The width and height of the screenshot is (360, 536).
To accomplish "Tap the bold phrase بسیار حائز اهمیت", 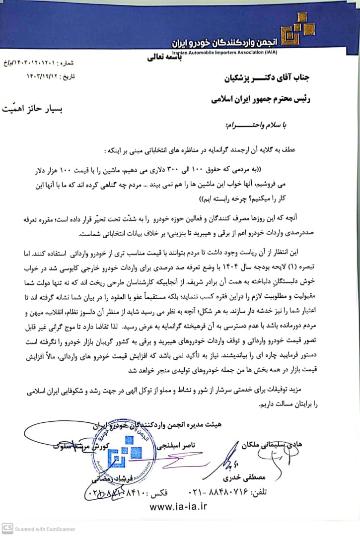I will tap(44, 107).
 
